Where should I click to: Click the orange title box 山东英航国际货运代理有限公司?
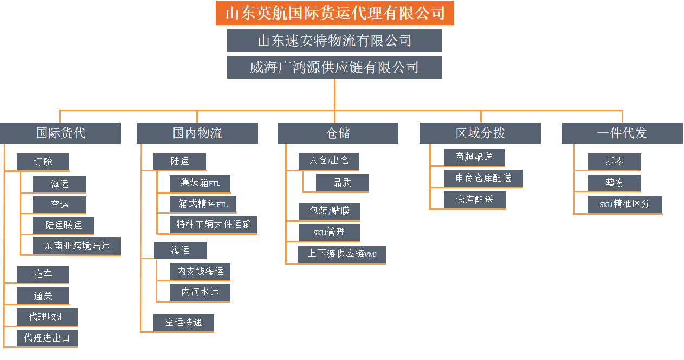pyautogui.click(x=334, y=13)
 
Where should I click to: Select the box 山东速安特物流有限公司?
pyautogui.click(x=334, y=41)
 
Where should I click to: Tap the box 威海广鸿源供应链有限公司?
pyautogui.click(x=334, y=67)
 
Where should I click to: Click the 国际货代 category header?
pyautogui.click(x=60, y=133)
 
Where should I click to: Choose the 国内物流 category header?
pyautogui.click(x=197, y=133)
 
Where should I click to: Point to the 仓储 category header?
pyautogui.click(x=338, y=133)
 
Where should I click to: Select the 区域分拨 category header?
pyautogui.click(x=480, y=133)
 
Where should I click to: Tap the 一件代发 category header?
pyautogui.click(x=622, y=133)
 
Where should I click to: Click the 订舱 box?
pyautogui.click(x=43, y=162)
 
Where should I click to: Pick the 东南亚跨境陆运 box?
pyautogui.click(x=76, y=246)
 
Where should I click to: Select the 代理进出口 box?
pyautogui.click(x=47, y=338)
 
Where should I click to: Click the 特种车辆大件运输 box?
pyautogui.click(x=214, y=224)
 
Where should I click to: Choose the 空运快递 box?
pyautogui.click(x=183, y=322)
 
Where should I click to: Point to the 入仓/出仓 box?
pyautogui.click(x=328, y=161)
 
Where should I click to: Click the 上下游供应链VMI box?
pyautogui.click(x=341, y=254)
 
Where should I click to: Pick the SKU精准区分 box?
pyautogui.click(x=624, y=204)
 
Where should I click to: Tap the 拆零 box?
pyautogui.click(x=614, y=161)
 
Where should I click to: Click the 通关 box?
pyautogui.click(x=43, y=295)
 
